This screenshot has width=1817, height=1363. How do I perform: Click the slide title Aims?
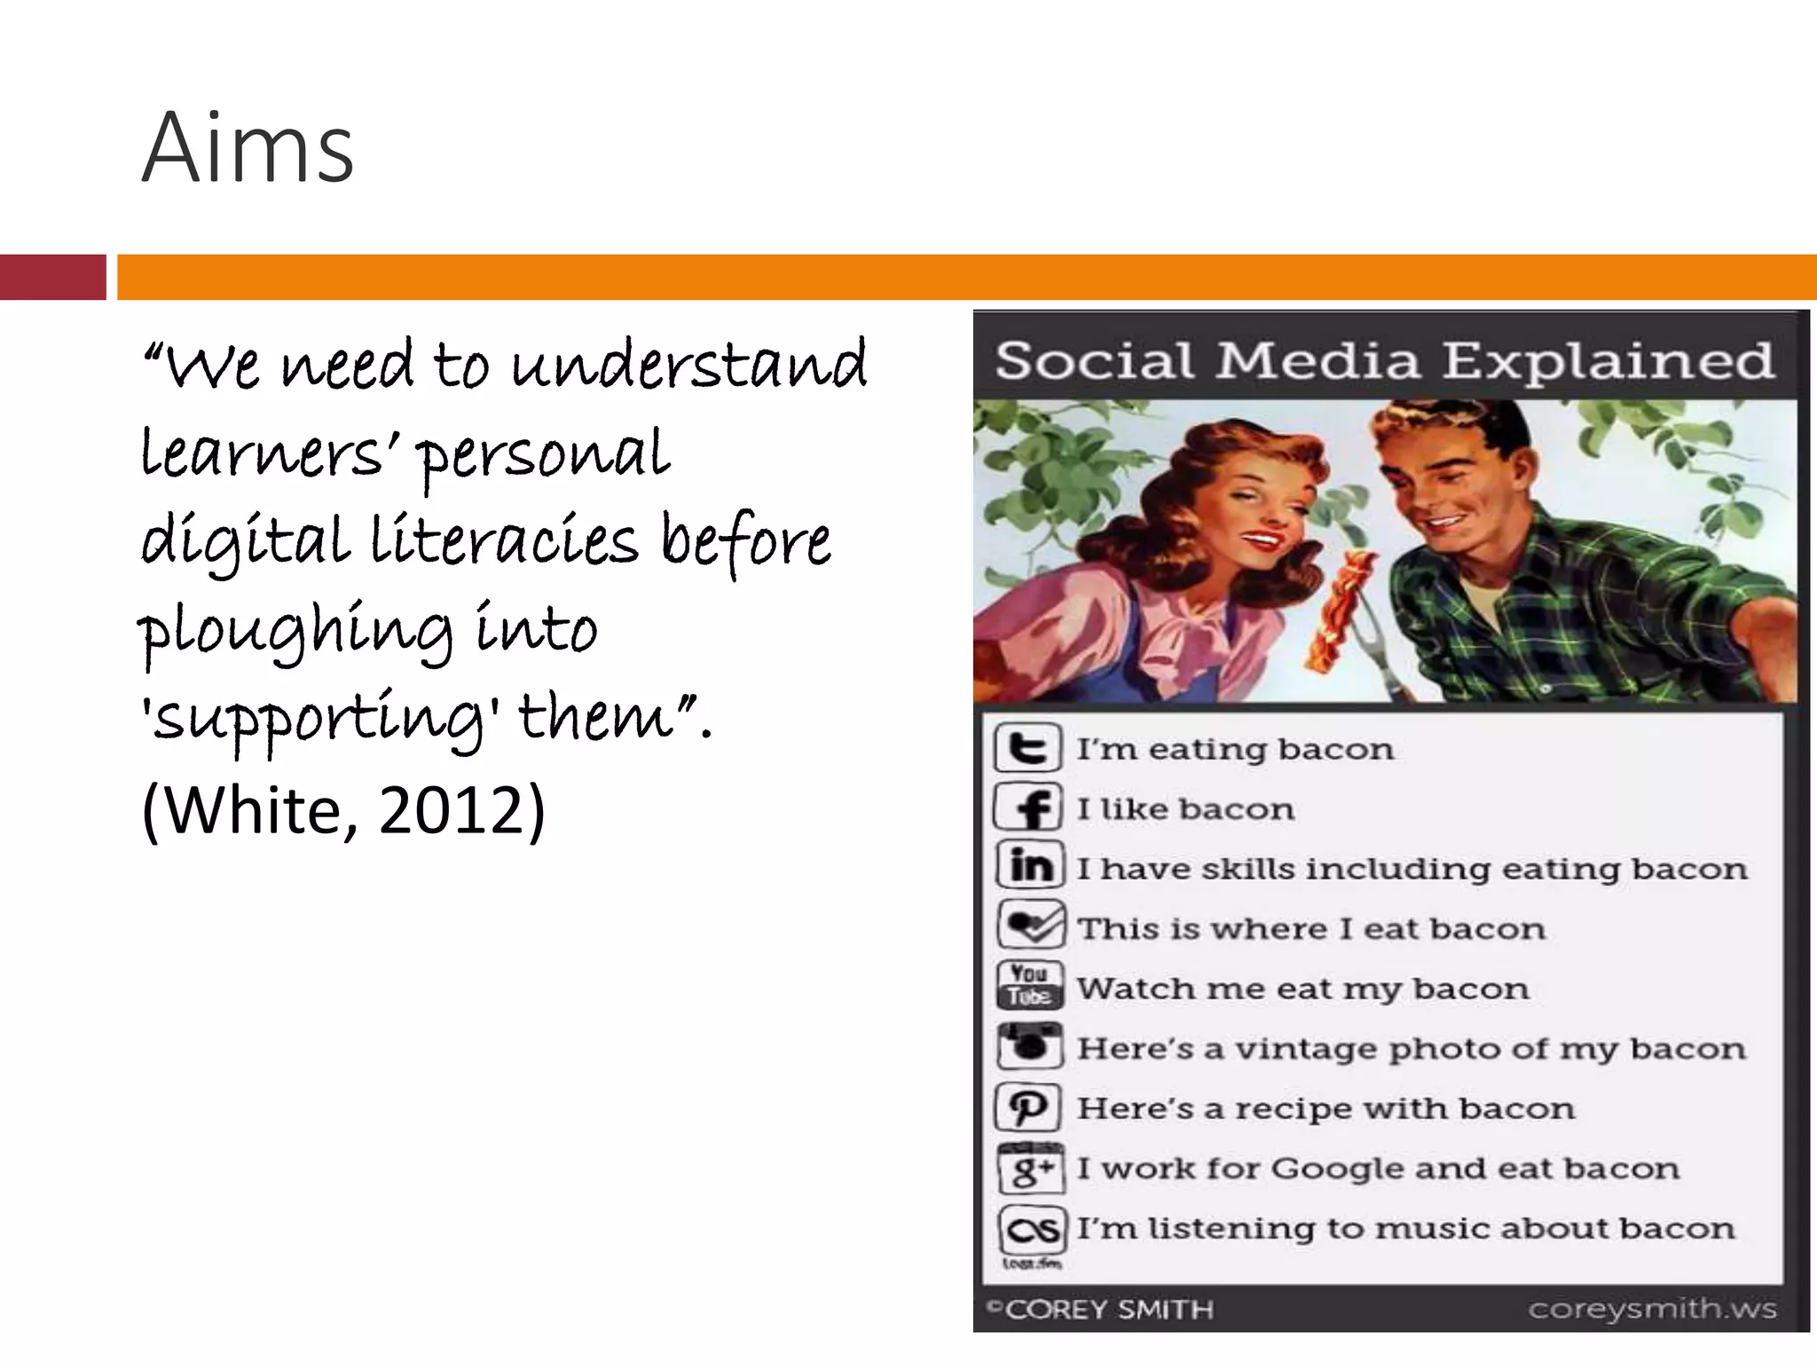click(248, 147)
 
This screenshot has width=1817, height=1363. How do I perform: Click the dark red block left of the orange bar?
click(52, 277)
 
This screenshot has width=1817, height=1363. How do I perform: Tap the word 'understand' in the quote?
click(689, 365)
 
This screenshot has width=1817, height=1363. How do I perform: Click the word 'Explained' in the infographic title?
click(1607, 361)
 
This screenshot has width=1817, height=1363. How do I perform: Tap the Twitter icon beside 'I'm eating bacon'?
click(1027, 748)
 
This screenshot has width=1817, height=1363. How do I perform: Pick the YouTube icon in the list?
click(1029, 986)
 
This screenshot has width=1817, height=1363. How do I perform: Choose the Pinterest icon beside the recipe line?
click(1029, 1107)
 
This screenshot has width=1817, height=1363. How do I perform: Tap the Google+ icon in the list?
click(1030, 1169)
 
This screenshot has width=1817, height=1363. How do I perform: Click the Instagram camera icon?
click(1029, 1046)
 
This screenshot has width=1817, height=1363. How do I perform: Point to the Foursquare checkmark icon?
click(1029, 926)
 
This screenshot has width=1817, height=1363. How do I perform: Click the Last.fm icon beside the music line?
click(1031, 1229)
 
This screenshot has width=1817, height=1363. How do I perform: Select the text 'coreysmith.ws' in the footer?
click(1652, 1309)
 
